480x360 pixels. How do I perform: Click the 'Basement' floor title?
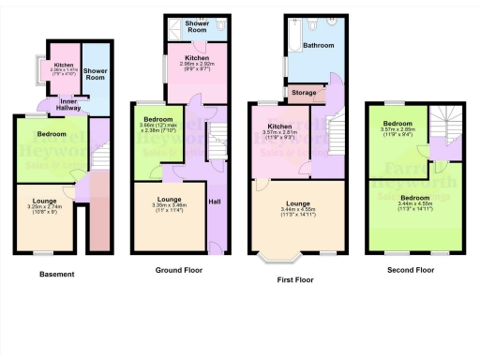(x=56, y=274)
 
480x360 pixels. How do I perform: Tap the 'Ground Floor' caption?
(x=180, y=269)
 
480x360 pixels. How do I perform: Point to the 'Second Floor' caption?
(x=410, y=269)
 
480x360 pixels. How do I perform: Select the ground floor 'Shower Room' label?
(x=196, y=25)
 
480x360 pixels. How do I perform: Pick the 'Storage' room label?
(x=304, y=93)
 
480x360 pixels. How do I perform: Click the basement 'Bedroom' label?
(x=51, y=134)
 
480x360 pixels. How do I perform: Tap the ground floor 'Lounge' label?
(x=169, y=200)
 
